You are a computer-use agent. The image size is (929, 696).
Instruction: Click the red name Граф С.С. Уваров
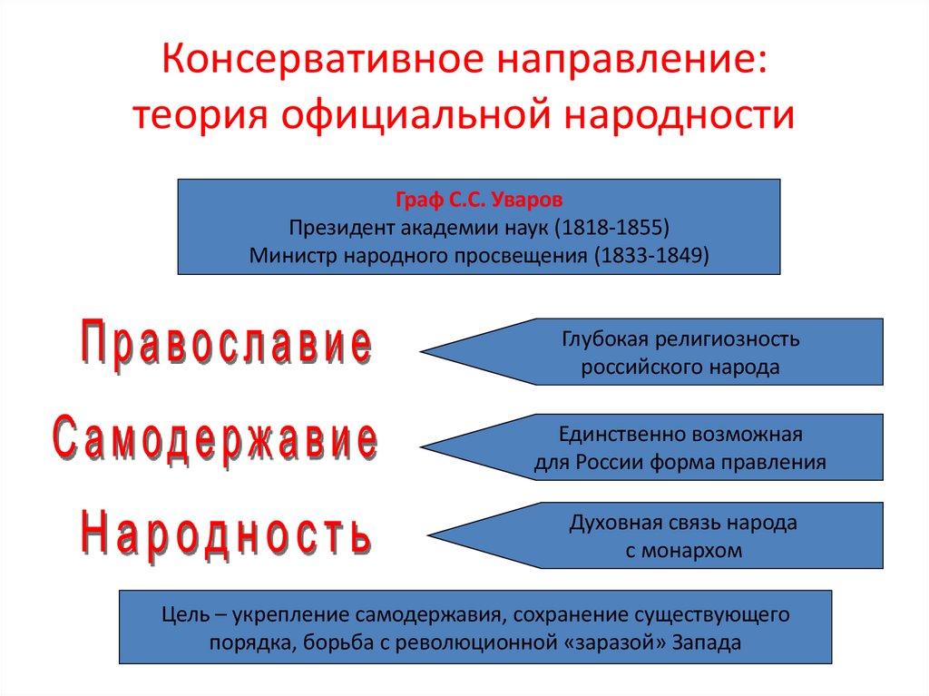click(478, 200)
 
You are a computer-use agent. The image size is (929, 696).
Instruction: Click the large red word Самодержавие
click(214, 441)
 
